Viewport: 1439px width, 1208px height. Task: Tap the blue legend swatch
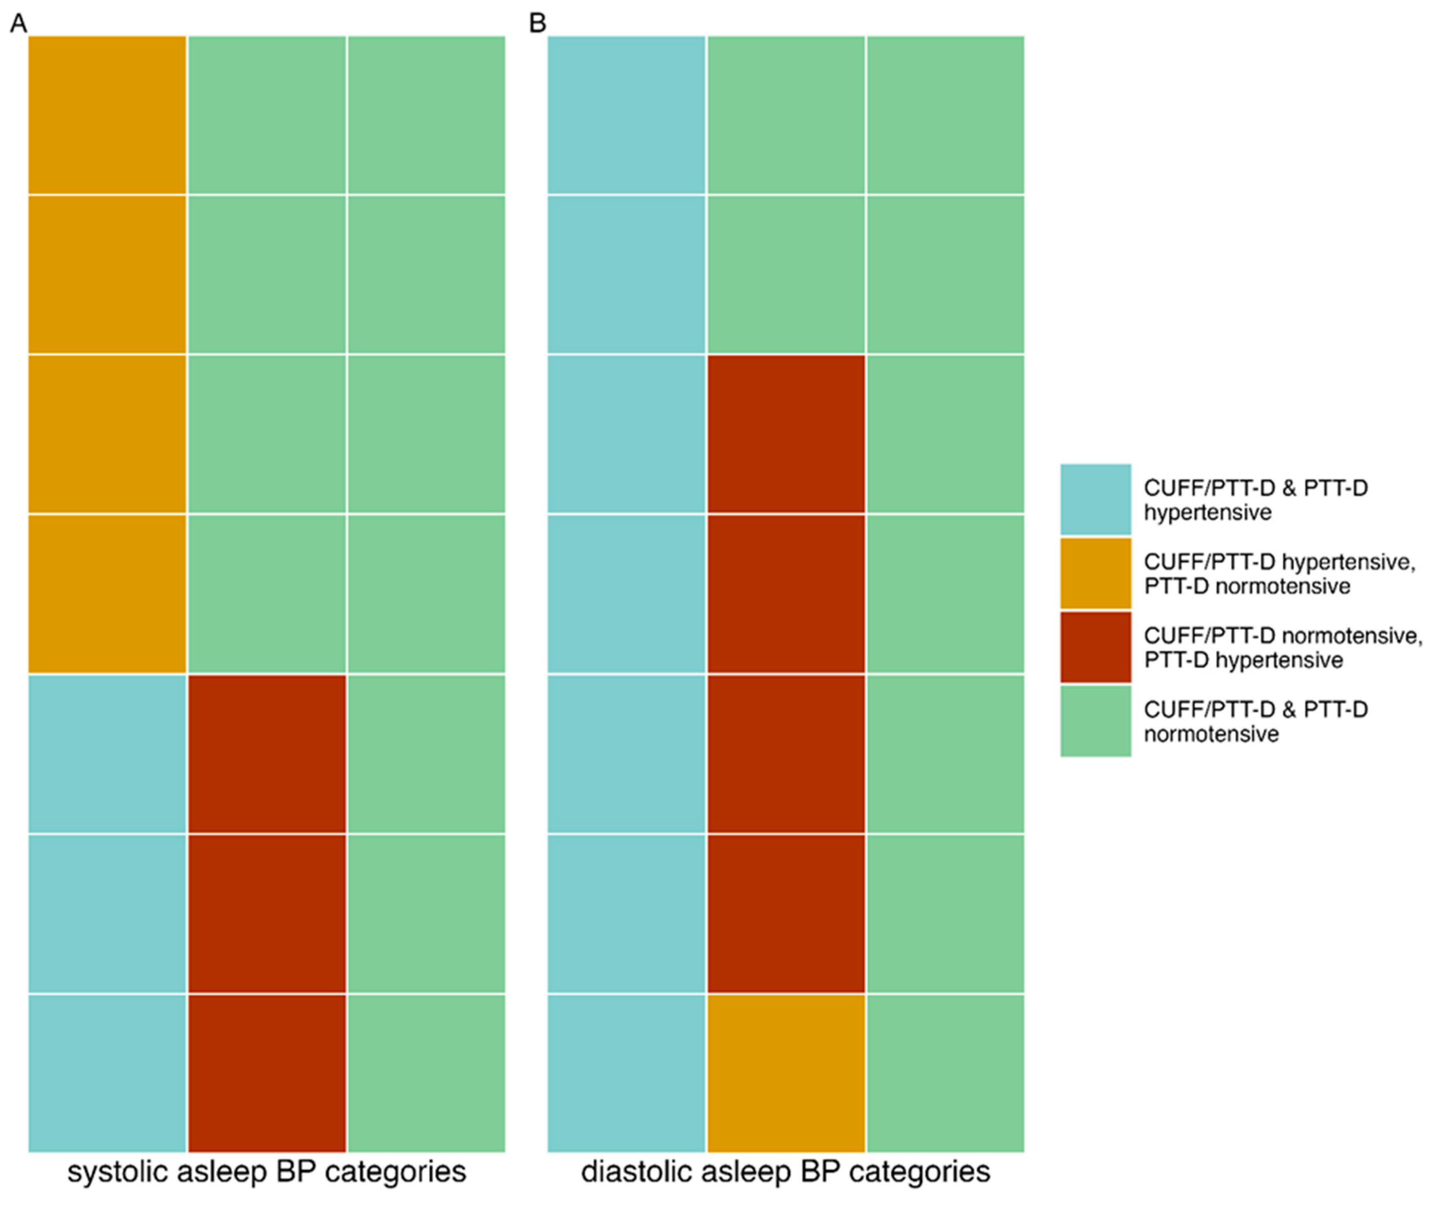[1095, 499]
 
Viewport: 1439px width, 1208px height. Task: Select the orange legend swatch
[1095, 573]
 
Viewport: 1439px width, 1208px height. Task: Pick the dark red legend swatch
[1095, 647]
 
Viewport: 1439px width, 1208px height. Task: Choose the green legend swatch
[1095, 721]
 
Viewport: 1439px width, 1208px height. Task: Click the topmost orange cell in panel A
[107, 115]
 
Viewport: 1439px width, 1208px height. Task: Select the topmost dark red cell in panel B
[786, 434]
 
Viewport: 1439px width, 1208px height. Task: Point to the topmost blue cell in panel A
[107, 754]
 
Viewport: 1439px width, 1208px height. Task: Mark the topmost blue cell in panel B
[626, 115]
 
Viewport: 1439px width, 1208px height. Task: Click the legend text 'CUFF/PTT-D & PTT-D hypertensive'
[1255, 500]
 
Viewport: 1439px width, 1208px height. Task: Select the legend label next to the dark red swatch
[1281, 647]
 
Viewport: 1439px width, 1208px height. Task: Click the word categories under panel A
[395, 1171]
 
